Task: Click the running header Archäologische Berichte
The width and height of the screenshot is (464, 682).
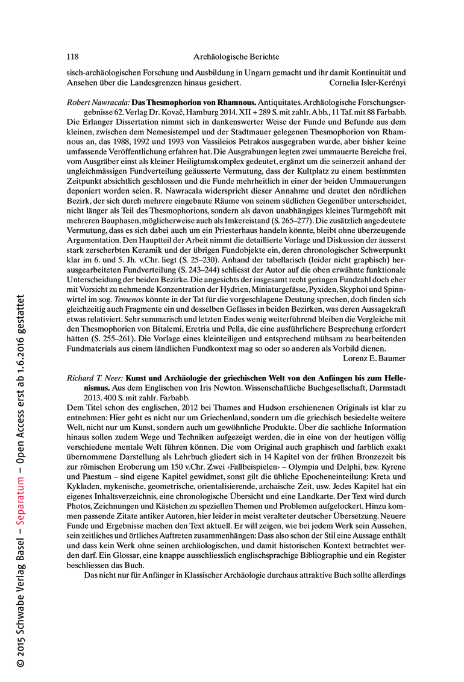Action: click(x=236, y=57)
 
